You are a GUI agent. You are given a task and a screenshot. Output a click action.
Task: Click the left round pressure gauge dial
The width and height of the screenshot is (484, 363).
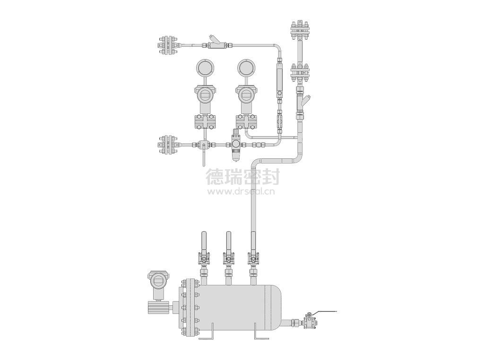coord(205,67)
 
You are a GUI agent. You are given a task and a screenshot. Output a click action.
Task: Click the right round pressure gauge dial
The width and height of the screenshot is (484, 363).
coord(247,67)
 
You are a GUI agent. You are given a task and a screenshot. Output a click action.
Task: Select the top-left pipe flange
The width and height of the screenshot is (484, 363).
coord(167,46)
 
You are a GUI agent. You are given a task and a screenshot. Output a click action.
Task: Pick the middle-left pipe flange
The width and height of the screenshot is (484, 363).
coord(167,145)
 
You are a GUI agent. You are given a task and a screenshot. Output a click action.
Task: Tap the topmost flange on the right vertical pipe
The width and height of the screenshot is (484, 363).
coord(300,31)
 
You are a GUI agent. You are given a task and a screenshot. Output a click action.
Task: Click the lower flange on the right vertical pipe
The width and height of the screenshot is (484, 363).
coord(300,73)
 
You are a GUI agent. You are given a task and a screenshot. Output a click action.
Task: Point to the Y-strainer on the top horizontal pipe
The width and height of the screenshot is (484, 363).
coord(215,43)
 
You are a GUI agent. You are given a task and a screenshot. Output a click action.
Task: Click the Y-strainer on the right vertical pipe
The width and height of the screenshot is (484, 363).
coord(302,103)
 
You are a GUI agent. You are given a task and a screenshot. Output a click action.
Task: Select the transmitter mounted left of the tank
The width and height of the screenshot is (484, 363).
coord(159,292)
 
